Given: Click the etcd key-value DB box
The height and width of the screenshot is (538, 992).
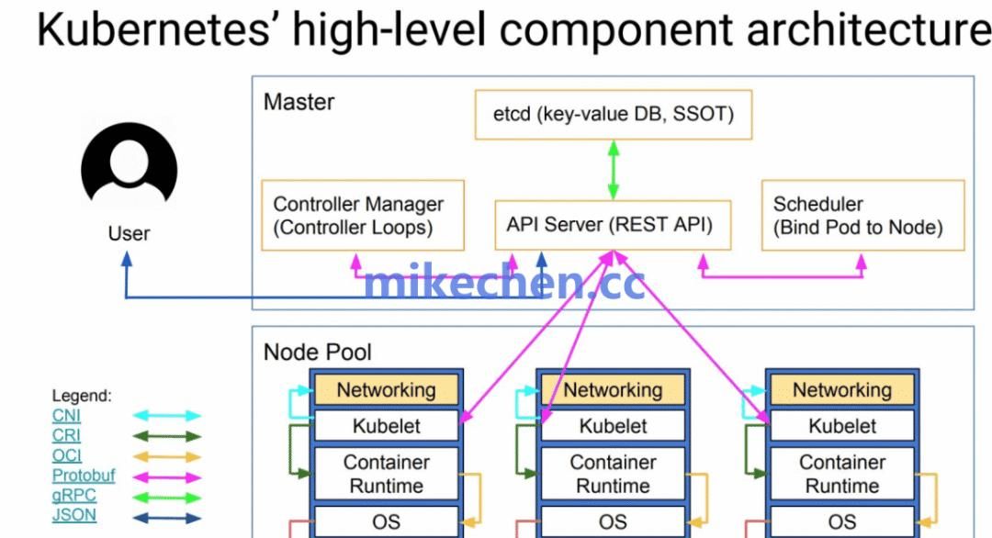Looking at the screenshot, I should [x=613, y=115].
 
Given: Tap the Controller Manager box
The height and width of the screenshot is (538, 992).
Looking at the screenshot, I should [x=363, y=216].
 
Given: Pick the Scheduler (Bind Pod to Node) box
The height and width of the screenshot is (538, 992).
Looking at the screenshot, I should [x=862, y=216].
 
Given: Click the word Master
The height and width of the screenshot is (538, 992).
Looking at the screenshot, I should [x=299, y=102].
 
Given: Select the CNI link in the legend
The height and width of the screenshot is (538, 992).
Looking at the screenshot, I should [x=66, y=416].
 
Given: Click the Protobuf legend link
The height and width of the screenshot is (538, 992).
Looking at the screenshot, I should [x=84, y=476].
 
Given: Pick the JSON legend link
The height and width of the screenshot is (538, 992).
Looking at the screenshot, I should [x=73, y=515].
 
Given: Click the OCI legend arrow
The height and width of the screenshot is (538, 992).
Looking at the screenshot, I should [x=167, y=456].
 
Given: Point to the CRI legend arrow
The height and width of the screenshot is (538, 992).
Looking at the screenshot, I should [x=167, y=436].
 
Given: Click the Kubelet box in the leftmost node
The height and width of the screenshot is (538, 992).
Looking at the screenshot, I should [x=386, y=426].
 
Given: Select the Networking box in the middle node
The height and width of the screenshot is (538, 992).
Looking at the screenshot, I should [x=613, y=389].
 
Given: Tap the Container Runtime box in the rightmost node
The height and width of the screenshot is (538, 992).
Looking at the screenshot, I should [x=841, y=474].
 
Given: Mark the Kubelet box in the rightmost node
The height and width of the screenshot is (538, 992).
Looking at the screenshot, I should [x=841, y=426].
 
